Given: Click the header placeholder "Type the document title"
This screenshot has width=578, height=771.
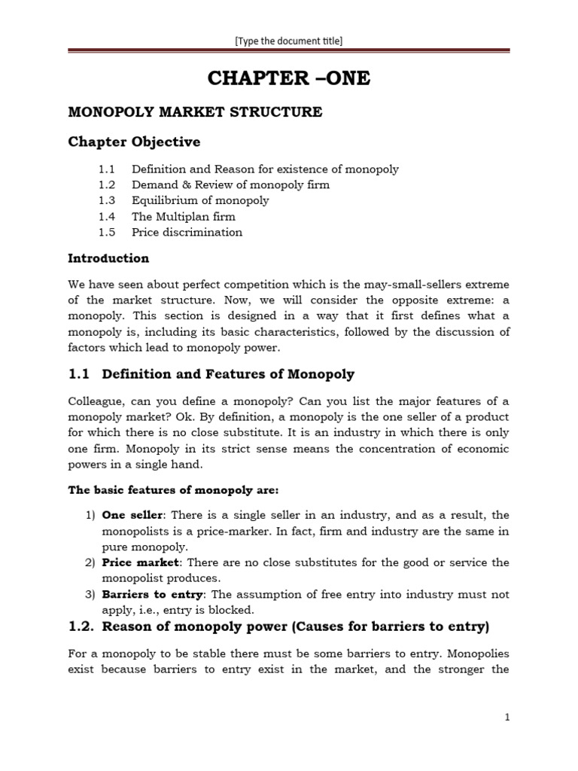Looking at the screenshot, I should [x=289, y=41].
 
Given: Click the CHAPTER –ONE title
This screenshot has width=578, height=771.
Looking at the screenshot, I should [x=289, y=78].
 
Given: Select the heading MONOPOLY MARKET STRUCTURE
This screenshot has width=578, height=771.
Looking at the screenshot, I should [x=195, y=112].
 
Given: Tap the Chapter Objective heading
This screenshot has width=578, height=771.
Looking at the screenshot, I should [x=135, y=142].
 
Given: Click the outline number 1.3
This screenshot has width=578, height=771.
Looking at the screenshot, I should [x=106, y=201].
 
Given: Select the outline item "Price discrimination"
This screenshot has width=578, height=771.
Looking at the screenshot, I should [x=187, y=233].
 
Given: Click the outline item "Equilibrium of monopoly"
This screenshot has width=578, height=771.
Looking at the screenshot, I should [x=199, y=201].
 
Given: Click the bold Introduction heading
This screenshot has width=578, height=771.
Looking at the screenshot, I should [x=108, y=258].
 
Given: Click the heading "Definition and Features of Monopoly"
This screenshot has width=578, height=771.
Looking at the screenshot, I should [x=228, y=374].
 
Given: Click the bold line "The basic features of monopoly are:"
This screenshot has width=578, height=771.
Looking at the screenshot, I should [x=173, y=490].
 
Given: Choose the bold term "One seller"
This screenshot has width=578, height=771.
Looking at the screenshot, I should [x=132, y=515].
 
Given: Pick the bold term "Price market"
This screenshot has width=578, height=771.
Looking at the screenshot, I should [x=140, y=562].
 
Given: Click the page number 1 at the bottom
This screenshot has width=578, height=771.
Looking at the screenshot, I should [x=507, y=718].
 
